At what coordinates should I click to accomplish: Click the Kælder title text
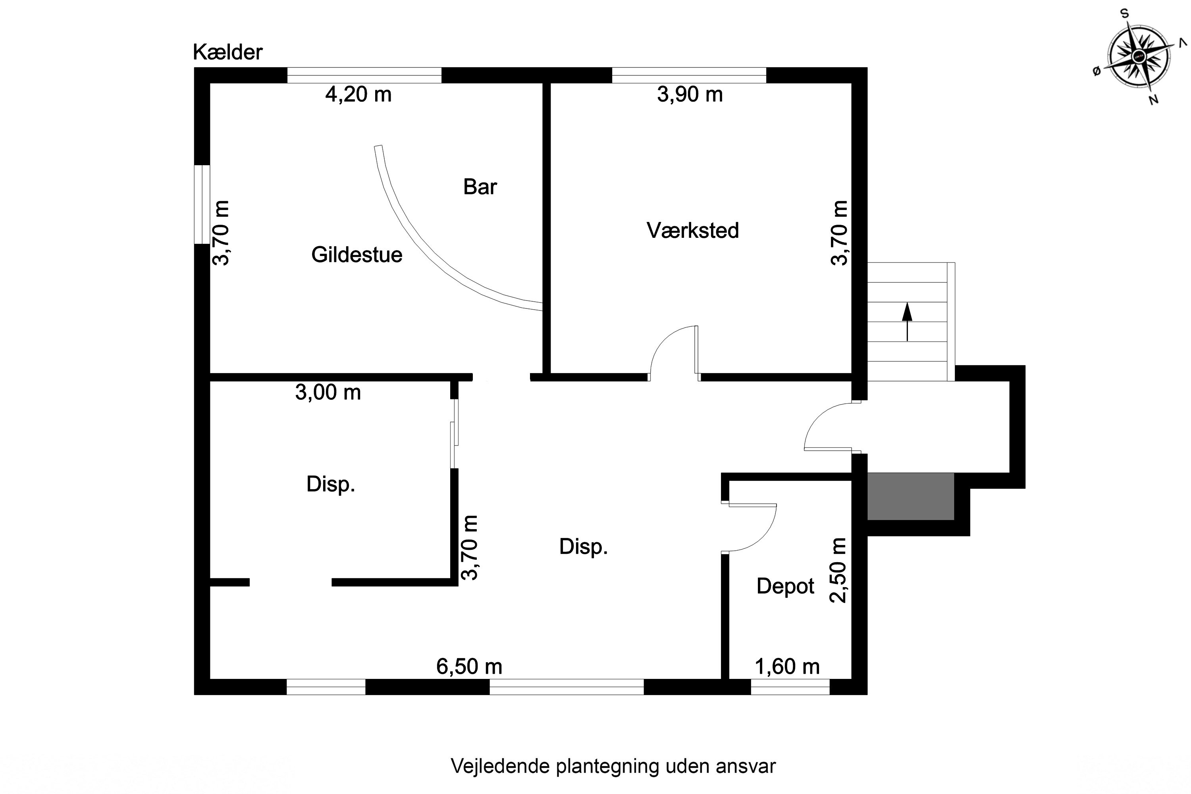coord(227,52)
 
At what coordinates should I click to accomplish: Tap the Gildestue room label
coord(357,255)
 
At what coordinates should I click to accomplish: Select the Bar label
coord(480,187)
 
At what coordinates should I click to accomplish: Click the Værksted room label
coord(692,230)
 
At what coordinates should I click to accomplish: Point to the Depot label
coord(785,586)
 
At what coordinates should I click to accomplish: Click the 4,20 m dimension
coord(358,95)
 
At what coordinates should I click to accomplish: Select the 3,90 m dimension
coord(689,95)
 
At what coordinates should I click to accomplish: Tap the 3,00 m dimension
coord(328,393)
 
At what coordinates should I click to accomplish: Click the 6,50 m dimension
coord(469,667)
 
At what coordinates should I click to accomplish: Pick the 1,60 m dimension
coord(787,667)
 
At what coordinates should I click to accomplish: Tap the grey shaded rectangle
coord(910,496)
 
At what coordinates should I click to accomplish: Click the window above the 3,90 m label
coord(689,75)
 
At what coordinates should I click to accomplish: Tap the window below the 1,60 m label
coord(790,687)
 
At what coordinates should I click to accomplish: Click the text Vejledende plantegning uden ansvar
coord(613,766)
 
